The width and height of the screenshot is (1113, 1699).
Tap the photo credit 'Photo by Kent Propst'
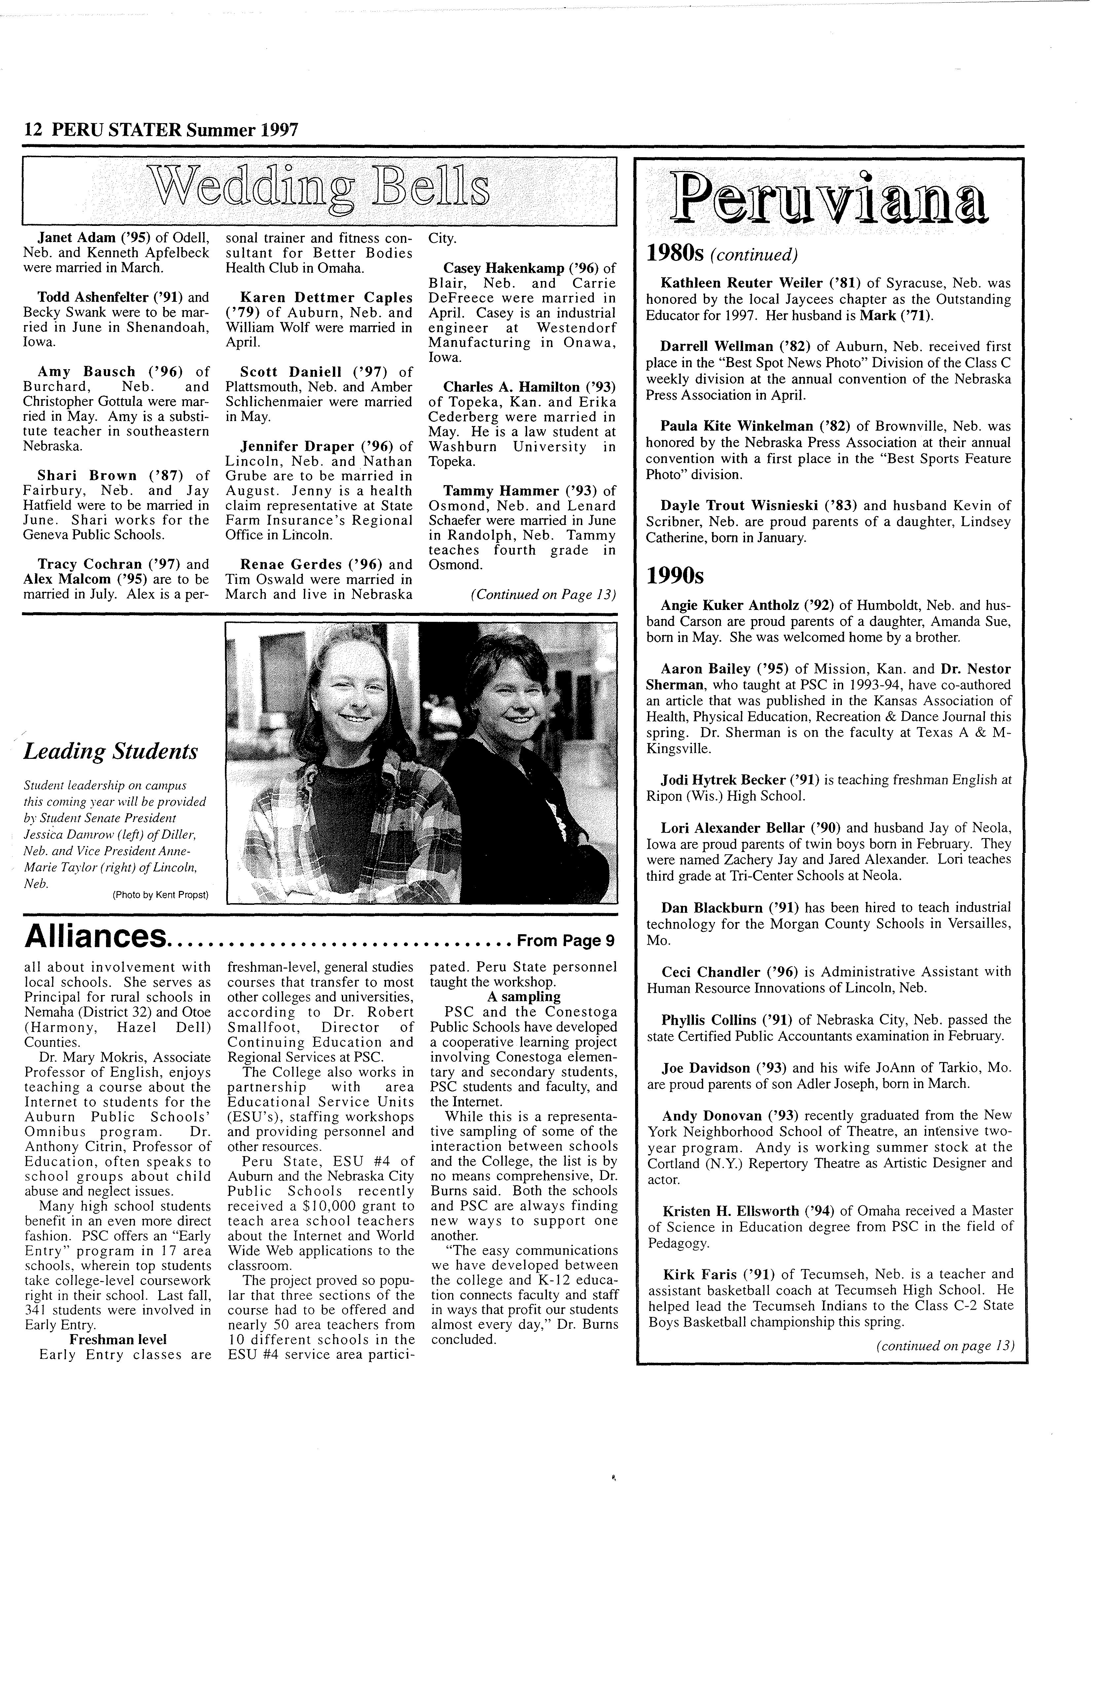161,895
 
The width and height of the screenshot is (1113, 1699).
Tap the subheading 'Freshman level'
118,1339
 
